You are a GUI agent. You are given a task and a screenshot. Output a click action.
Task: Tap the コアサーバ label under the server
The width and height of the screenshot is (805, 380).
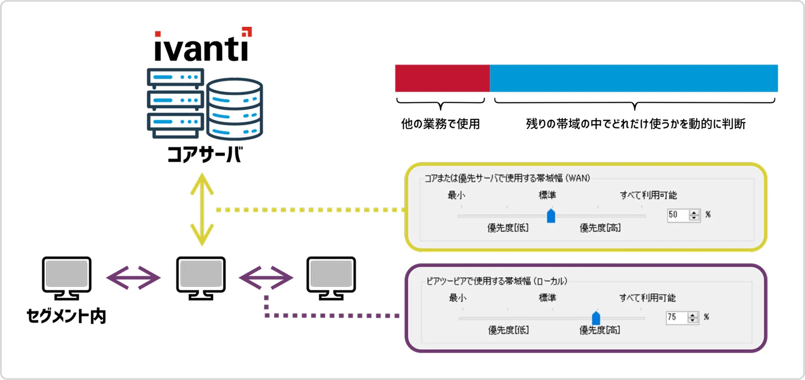click(x=205, y=155)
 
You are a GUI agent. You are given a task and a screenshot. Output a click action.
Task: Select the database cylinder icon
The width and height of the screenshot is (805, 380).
click(x=235, y=109)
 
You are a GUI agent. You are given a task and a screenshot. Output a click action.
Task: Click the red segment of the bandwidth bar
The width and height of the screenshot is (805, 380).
click(x=442, y=78)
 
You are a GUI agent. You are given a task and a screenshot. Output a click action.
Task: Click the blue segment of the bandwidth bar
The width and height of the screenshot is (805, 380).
click(x=633, y=78)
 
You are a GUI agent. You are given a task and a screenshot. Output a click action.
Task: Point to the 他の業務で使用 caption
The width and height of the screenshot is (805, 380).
click(x=440, y=124)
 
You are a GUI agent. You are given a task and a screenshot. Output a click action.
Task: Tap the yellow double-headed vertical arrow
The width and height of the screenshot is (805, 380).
click(x=202, y=209)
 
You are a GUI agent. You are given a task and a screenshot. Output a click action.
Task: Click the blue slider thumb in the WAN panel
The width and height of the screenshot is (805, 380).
click(x=551, y=216)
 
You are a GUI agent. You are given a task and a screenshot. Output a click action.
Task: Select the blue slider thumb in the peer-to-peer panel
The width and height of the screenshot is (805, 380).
click(x=596, y=318)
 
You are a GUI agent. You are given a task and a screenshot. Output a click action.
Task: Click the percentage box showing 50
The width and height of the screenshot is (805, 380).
click(x=678, y=215)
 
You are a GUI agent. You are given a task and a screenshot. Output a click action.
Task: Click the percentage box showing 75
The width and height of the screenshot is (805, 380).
click(x=676, y=317)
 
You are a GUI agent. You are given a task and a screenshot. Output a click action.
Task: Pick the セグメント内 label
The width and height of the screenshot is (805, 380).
click(x=66, y=316)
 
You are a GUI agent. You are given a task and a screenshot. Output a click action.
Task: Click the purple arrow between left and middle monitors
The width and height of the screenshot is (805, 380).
click(x=133, y=278)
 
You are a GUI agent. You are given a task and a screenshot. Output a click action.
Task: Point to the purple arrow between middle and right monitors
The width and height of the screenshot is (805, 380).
click(x=266, y=278)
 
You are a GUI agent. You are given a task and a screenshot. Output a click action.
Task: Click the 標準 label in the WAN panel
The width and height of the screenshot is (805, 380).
click(x=547, y=195)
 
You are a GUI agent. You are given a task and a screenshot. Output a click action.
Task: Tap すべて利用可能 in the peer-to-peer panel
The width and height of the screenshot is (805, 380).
click(x=647, y=298)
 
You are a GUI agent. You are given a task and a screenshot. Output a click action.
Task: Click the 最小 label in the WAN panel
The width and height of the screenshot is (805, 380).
click(x=456, y=195)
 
